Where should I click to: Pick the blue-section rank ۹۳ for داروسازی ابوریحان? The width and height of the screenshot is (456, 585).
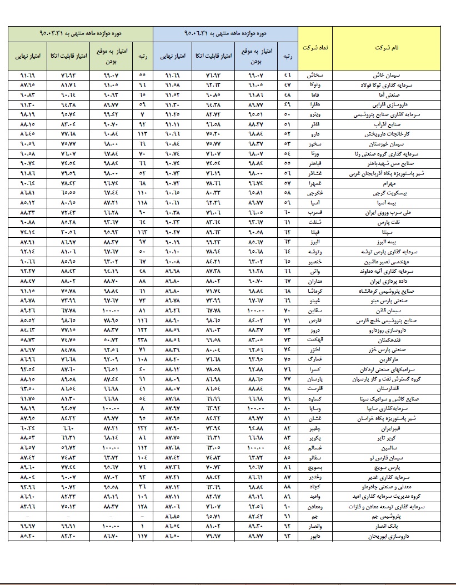click(x=287, y=537)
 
